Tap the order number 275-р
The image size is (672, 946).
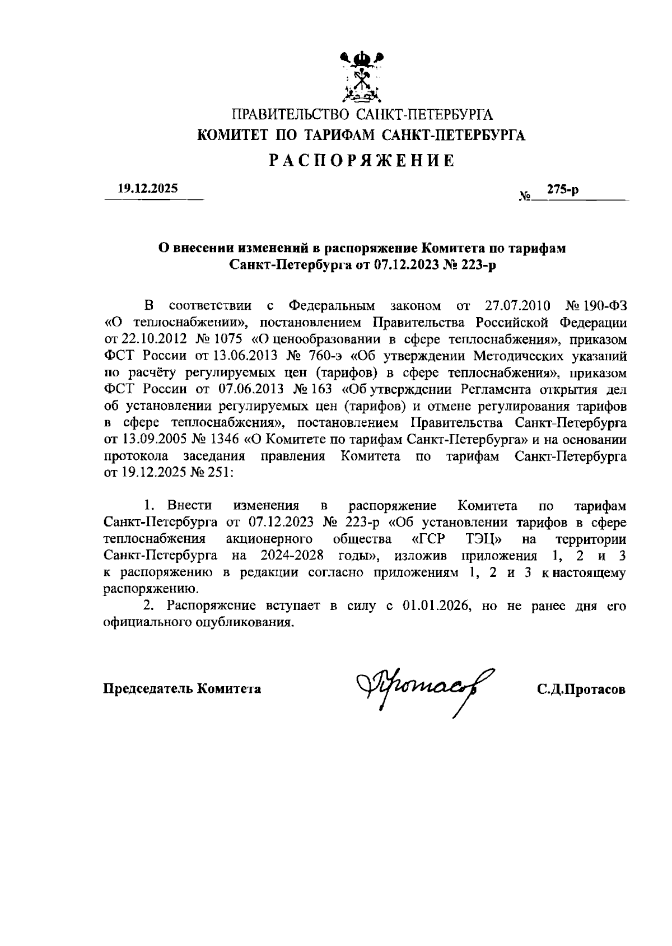point(563,190)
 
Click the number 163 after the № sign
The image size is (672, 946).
point(325,389)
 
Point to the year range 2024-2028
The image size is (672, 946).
point(292,556)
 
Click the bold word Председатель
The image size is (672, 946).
point(147,689)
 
